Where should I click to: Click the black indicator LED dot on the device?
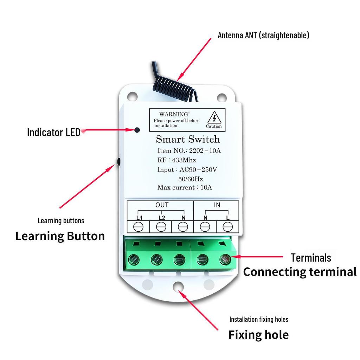click(x=137, y=130)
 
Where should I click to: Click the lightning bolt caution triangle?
click(x=214, y=118)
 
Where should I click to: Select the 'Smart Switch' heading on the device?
click(x=188, y=139)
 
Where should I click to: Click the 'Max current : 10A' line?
click(x=185, y=187)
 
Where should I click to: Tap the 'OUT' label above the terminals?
click(x=162, y=205)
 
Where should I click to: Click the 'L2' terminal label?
click(x=161, y=218)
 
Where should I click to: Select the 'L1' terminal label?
click(x=139, y=218)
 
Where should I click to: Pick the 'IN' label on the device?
click(x=217, y=205)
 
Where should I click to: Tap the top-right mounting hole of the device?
click(x=221, y=97)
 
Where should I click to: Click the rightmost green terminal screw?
click(x=224, y=260)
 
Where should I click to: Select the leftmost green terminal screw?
click(x=134, y=260)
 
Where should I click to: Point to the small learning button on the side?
click(x=118, y=162)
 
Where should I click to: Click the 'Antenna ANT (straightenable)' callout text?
click(x=263, y=36)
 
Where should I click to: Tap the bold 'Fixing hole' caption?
click(x=258, y=335)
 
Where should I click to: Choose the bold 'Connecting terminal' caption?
click(x=300, y=272)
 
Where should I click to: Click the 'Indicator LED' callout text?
click(x=53, y=133)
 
